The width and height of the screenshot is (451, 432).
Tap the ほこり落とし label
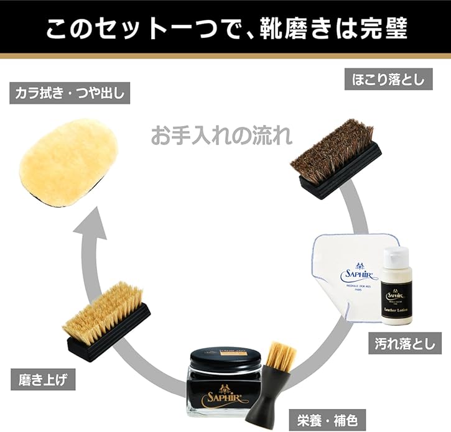[x=384, y=80]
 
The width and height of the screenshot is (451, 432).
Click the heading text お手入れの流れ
[x=221, y=136]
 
